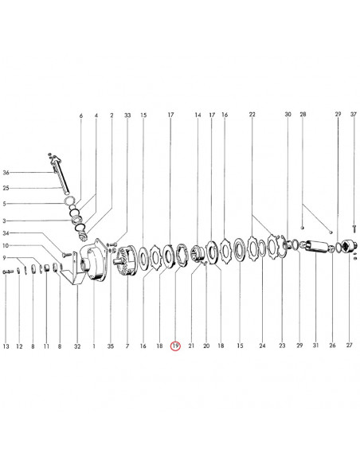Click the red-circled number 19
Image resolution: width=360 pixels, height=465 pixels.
point(175,346)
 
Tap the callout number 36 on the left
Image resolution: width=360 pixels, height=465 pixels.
point(6,173)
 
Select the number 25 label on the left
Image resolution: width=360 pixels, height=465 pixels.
point(6,188)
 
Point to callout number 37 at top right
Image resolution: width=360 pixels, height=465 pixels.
point(354,114)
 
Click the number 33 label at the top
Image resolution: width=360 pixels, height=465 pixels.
point(127,115)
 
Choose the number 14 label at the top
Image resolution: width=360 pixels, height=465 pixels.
point(198,115)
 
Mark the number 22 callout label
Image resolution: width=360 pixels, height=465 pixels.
point(252,115)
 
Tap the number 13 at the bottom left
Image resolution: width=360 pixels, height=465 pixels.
point(6,346)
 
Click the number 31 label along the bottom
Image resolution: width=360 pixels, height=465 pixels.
point(315,346)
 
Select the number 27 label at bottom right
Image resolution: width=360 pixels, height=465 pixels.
point(350,345)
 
